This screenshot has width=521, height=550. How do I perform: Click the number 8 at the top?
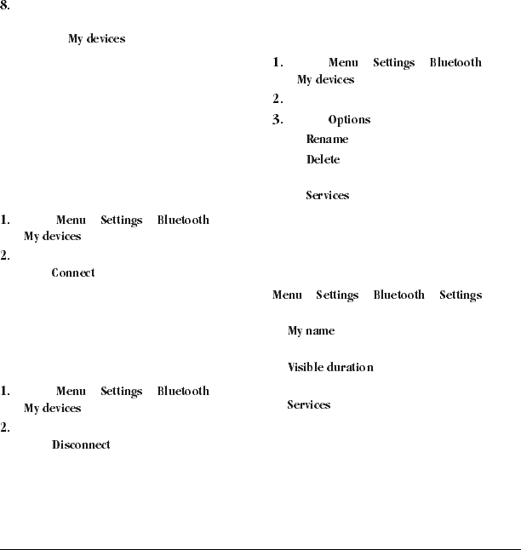(x=4, y=5)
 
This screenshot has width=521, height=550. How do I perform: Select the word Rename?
(x=327, y=139)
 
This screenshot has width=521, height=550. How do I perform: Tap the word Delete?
(x=323, y=159)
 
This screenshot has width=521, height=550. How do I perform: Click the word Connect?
(x=73, y=273)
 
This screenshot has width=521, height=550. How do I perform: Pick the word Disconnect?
(x=81, y=444)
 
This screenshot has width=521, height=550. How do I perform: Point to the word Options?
(x=349, y=120)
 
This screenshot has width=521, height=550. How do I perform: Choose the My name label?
(x=311, y=330)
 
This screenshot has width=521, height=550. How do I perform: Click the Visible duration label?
(x=330, y=367)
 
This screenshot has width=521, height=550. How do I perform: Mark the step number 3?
(x=278, y=120)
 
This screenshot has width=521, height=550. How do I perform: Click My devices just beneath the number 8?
(x=96, y=39)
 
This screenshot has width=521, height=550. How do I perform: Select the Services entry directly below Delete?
(x=327, y=195)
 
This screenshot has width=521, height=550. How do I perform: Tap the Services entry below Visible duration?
(x=308, y=404)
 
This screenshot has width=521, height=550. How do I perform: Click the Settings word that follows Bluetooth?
(x=461, y=295)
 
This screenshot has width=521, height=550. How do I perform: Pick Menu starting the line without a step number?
(x=287, y=295)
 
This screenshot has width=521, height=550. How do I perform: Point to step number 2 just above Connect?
(x=5, y=255)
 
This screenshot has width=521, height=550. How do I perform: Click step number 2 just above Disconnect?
(x=5, y=427)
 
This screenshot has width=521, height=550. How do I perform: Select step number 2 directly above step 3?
(x=278, y=99)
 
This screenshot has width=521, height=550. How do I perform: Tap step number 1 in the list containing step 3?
(x=278, y=62)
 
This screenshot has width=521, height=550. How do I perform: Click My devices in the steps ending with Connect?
(x=52, y=236)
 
